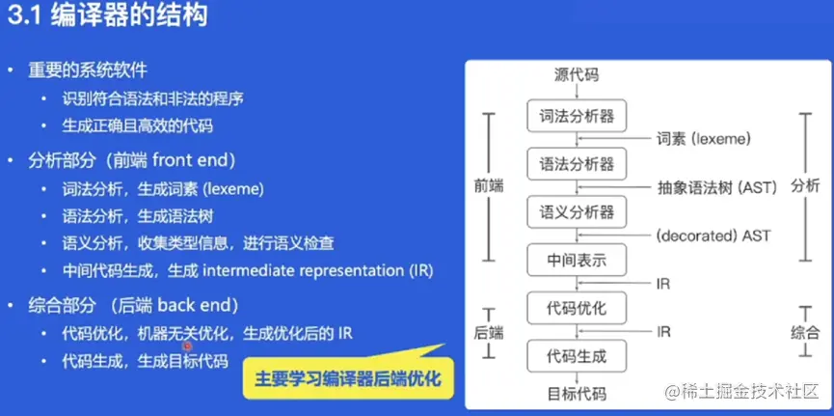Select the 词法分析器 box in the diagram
577,116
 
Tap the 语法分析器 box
577,164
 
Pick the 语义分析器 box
577,212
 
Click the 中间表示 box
577,261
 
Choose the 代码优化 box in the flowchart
577,309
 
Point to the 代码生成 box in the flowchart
577,356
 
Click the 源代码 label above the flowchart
577,75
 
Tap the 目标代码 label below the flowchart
577,394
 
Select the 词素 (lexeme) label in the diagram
704,140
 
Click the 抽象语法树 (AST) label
717,187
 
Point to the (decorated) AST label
713,236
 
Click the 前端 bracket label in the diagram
489,187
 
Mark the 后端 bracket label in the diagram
489,333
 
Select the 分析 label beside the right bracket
805,187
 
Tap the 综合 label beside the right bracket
805,333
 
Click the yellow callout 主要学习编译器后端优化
348,378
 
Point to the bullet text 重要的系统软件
87,70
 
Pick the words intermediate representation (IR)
318,271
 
